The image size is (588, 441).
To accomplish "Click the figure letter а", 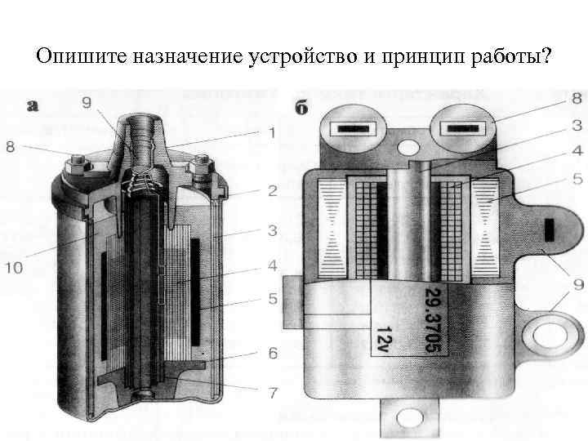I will coord(33,105).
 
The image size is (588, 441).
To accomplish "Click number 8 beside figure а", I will coord(11,147).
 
